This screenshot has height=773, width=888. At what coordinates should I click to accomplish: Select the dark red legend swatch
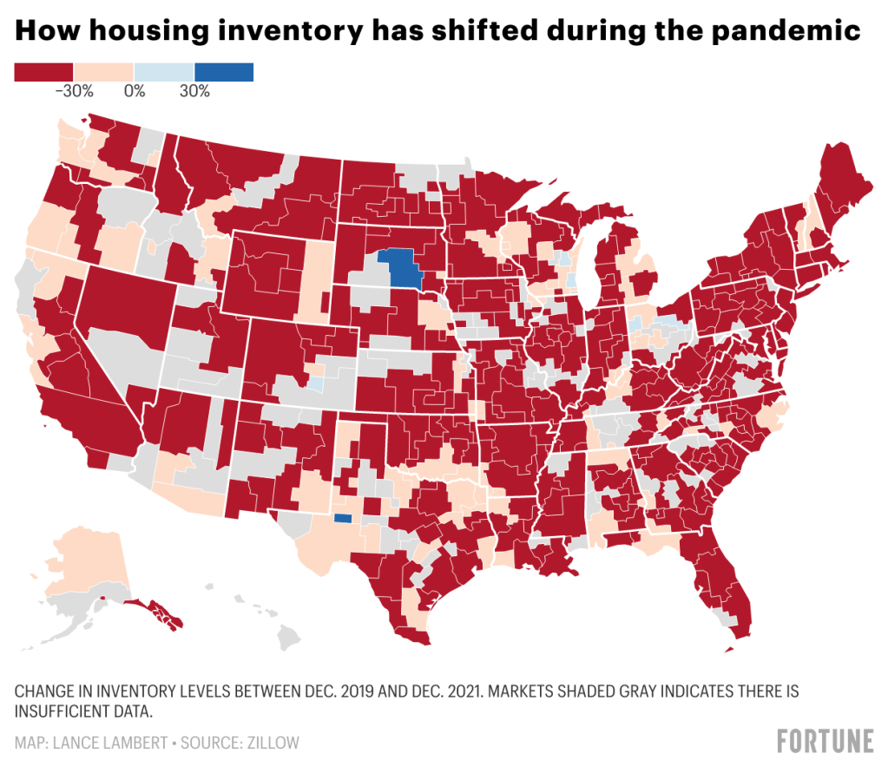click(x=44, y=72)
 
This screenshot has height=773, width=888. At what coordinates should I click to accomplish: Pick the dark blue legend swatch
click(x=224, y=72)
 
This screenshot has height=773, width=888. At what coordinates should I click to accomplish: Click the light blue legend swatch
click(x=164, y=72)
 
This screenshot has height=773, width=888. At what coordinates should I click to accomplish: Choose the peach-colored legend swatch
click(x=104, y=72)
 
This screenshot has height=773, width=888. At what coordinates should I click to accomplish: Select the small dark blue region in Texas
click(x=343, y=519)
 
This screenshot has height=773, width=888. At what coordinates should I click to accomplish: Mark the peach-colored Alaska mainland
click(x=82, y=555)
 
